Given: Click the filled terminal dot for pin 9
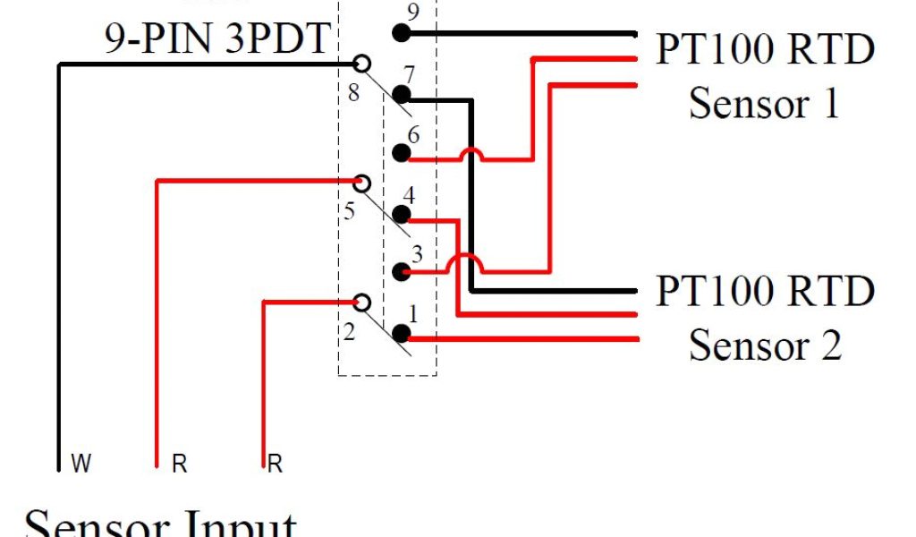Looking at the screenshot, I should (402, 34).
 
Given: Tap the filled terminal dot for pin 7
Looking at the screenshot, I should (402, 94).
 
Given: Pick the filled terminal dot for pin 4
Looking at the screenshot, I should (402, 215).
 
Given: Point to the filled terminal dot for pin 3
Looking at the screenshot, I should (402, 272).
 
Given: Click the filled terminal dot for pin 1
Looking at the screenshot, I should (402, 334).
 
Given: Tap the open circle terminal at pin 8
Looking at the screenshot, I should (361, 64).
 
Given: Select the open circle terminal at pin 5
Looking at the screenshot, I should (361, 183).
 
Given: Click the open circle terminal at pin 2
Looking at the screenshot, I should (361, 303).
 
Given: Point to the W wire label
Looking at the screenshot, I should (81, 465).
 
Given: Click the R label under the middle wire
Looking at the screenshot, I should (179, 465).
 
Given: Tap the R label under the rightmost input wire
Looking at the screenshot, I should (276, 465).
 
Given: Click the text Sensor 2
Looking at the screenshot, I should (765, 345).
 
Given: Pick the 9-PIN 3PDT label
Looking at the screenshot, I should (217, 39).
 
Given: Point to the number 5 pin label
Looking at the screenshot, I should (349, 212).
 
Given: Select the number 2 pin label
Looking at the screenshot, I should (349, 333).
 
